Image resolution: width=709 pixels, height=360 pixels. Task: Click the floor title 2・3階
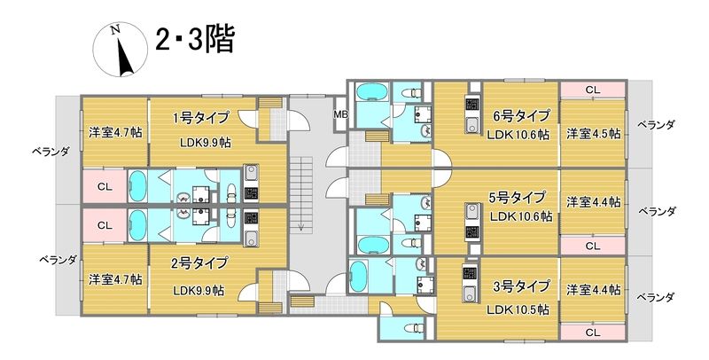click(x=194, y=41)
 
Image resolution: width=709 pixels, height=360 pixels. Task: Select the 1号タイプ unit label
click(x=200, y=118)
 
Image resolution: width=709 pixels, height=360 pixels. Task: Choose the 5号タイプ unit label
click(x=521, y=197)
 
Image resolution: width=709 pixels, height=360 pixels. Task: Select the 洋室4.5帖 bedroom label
click(x=593, y=134)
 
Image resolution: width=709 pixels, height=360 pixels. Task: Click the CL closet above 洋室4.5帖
click(x=592, y=90)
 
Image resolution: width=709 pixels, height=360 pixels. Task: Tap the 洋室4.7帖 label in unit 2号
click(x=115, y=279)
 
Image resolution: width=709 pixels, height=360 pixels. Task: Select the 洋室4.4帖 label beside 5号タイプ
click(x=593, y=201)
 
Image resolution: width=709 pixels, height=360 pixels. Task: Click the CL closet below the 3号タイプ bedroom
click(x=592, y=331)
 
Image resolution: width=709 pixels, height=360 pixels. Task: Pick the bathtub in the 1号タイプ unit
click(x=140, y=187)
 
